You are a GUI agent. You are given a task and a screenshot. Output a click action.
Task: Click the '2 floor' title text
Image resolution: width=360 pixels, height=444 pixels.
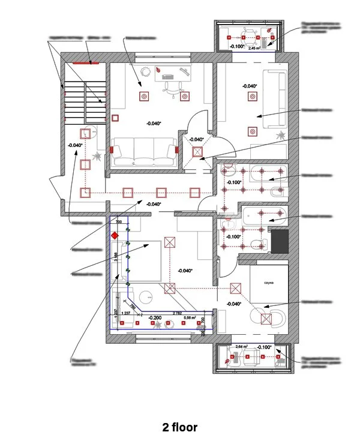179,428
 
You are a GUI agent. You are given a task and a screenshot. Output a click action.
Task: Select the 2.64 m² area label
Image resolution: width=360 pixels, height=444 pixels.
242,347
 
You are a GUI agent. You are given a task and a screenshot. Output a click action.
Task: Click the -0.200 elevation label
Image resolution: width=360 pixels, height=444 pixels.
155,317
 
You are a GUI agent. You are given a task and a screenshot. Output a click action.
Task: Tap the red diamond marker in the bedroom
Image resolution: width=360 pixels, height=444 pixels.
114,235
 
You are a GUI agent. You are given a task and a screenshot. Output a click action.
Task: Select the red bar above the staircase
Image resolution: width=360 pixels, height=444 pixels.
82,61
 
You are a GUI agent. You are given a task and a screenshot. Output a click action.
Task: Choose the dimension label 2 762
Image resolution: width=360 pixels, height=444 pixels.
176,313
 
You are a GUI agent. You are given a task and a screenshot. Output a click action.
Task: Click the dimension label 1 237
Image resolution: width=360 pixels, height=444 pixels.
126,313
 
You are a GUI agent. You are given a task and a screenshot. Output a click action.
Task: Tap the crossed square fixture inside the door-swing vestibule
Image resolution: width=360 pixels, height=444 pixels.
197,152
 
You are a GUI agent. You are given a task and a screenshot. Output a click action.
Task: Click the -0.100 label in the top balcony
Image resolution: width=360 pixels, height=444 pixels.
237,46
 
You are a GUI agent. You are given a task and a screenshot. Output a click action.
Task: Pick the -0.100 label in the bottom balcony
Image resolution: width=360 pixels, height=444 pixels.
264,347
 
